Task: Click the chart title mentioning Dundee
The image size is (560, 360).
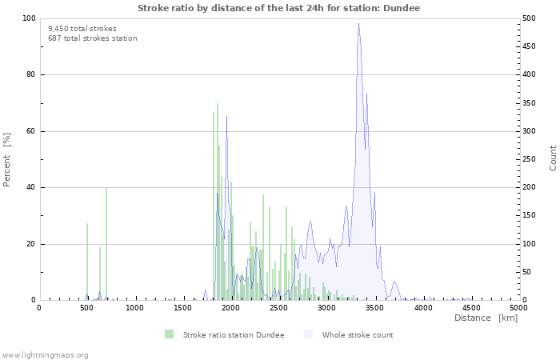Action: point(278,7)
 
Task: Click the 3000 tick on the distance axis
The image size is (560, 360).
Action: point(326,308)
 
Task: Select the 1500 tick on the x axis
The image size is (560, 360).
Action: point(182,308)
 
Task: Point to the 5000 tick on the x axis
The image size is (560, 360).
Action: point(518,308)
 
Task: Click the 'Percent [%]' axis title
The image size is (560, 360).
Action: point(7,159)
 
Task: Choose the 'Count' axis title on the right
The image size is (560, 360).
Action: point(553,158)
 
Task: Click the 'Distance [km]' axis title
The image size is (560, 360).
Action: point(486,318)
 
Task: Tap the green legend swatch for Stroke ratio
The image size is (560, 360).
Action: point(169,334)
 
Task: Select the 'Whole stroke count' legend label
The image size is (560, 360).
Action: point(358,334)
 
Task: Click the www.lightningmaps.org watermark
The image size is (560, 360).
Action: point(45,354)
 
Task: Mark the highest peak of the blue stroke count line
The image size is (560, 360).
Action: point(358,24)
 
